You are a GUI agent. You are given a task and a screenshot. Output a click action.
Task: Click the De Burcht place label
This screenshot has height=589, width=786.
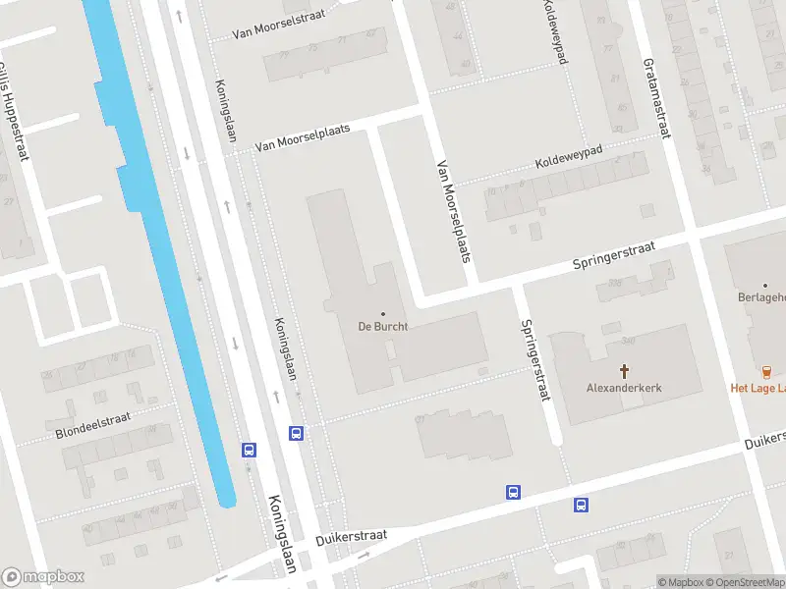click(383, 326)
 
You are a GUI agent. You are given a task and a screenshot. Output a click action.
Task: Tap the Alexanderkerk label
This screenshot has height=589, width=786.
click(624, 388)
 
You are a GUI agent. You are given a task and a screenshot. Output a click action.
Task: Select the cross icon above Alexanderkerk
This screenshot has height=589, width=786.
click(624, 370)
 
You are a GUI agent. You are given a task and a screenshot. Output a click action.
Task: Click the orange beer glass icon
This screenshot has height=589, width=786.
click(767, 370)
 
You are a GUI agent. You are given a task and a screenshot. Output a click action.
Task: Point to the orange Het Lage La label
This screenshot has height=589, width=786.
click(758, 388)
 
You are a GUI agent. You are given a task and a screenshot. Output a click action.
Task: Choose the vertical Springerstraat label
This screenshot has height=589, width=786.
click(534, 360)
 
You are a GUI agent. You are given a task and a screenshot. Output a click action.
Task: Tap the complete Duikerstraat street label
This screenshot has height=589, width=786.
click(352, 537)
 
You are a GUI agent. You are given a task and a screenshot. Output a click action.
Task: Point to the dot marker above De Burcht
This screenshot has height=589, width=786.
click(383, 314)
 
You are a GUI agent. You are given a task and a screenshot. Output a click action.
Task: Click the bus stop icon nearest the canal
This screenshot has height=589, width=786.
click(250, 450)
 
